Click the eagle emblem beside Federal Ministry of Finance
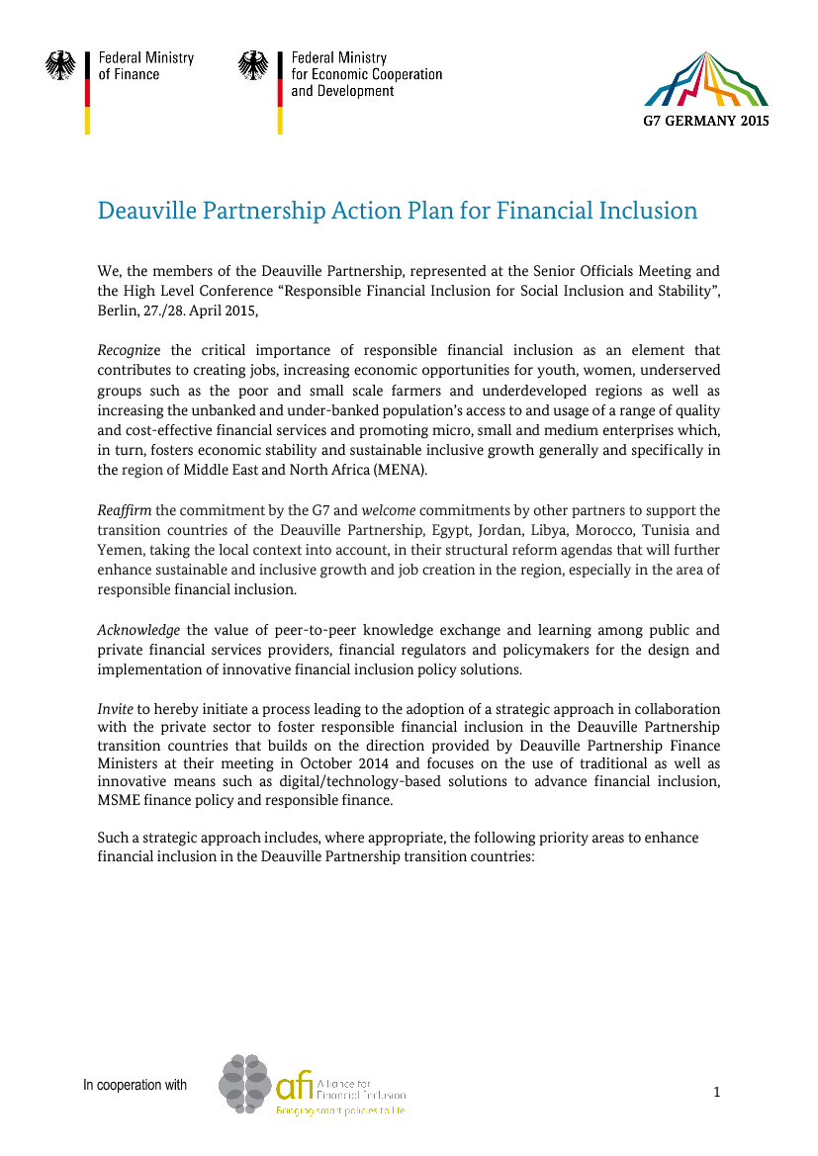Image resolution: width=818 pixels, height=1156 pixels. coord(60,66)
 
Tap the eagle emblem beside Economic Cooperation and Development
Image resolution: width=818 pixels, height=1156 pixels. coord(253,66)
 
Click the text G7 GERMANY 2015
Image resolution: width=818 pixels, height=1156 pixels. coord(705,121)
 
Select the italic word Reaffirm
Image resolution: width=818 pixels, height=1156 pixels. coord(124,510)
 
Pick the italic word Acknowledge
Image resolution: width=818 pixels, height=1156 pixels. coord(138,630)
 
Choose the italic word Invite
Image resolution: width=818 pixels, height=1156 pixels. coord(115,709)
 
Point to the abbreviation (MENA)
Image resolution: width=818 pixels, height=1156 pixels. coord(401,470)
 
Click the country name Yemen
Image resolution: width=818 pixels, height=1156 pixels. coord(119,550)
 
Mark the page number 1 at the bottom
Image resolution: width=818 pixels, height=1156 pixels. coord(716,1092)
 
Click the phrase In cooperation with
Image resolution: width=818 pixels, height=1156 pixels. coord(136,1086)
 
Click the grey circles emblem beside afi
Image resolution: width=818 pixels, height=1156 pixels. coord(244,1084)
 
